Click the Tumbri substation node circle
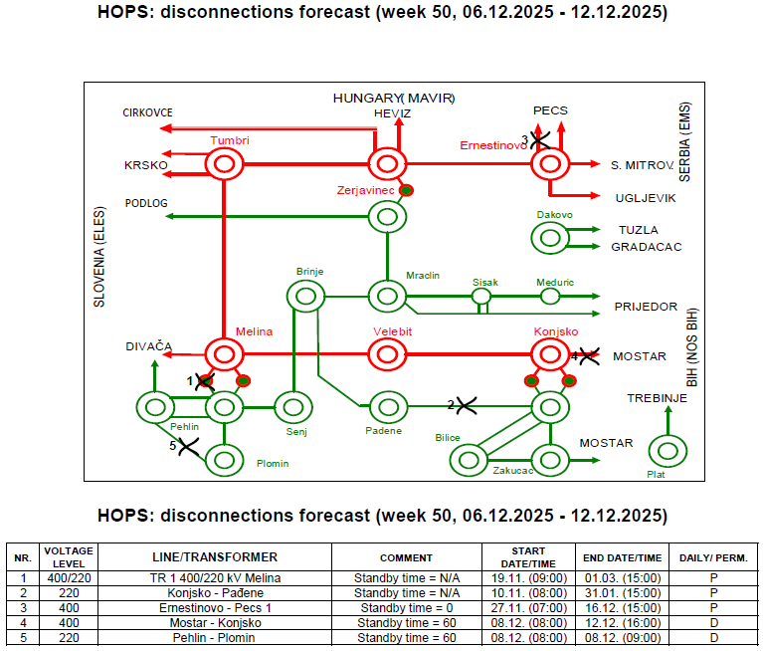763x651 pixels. [224, 164]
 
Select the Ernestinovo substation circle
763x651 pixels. [548, 164]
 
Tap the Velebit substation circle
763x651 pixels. [387, 353]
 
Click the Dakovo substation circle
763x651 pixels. [548, 237]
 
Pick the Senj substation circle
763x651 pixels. [292, 406]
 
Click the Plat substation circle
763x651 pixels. [666, 451]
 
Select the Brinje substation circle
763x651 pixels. [304, 295]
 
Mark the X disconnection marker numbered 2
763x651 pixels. [465, 405]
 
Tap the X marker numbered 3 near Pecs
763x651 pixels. [540, 139]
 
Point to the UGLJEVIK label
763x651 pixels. [646, 198]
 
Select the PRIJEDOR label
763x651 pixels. [646, 307]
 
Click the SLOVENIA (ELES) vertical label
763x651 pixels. [99, 264]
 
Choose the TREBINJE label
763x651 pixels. [658, 398]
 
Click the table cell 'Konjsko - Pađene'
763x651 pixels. [214, 593]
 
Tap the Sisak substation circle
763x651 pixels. [481, 296]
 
